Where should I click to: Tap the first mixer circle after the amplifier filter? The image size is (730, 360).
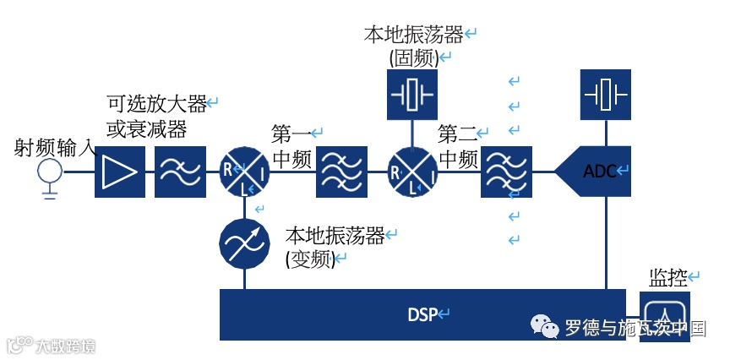244,172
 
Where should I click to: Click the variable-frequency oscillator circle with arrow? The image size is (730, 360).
244,244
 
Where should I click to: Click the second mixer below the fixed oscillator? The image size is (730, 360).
411,172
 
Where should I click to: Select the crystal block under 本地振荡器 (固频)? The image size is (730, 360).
412,94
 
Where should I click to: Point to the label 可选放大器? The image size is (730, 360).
156,105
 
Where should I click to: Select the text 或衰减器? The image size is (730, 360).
146,129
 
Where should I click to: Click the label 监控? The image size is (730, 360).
668,276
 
